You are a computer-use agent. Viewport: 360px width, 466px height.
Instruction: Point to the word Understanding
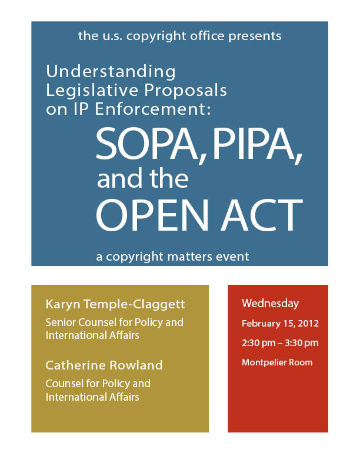(111, 72)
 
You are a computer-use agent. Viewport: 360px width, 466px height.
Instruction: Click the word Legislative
(92, 91)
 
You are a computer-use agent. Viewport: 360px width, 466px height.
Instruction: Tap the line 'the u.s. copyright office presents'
(179, 36)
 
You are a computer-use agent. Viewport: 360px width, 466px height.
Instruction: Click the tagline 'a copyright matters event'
(172, 257)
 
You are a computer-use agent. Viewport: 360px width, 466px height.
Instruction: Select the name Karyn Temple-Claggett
(115, 304)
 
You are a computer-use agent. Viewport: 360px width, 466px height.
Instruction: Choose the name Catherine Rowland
(104, 365)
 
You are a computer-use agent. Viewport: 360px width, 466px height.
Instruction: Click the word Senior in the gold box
(61, 322)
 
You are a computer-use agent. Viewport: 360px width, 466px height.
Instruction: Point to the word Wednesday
(271, 304)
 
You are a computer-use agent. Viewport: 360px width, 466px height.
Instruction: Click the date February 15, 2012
(280, 324)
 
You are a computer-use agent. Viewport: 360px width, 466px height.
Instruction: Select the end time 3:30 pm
(302, 343)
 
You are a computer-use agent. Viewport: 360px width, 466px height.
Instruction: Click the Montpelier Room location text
(277, 362)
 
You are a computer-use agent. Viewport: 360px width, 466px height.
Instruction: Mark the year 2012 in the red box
(308, 324)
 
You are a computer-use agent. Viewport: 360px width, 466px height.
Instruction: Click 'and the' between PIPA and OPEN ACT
(143, 179)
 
